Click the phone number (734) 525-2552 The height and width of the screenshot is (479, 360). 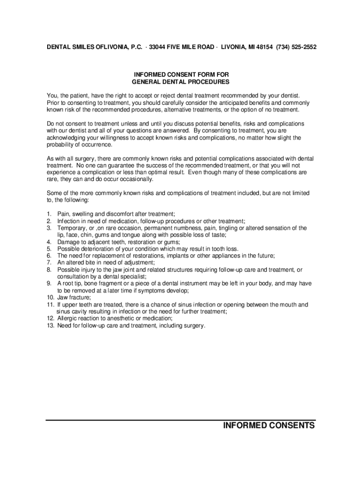(x=296, y=47)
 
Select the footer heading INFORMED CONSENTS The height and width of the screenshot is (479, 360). (x=269, y=426)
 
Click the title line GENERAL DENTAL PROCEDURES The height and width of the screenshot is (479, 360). (x=180, y=82)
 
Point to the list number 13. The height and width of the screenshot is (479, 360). (x=50, y=326)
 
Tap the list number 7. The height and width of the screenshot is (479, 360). (x=49, y=262)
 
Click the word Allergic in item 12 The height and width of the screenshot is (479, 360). (x=68, y=319)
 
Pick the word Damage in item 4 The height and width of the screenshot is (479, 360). (x=68, y=242)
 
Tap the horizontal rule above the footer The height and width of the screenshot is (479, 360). (x=180, y=420)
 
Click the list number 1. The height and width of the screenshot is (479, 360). (x=49, y=214)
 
